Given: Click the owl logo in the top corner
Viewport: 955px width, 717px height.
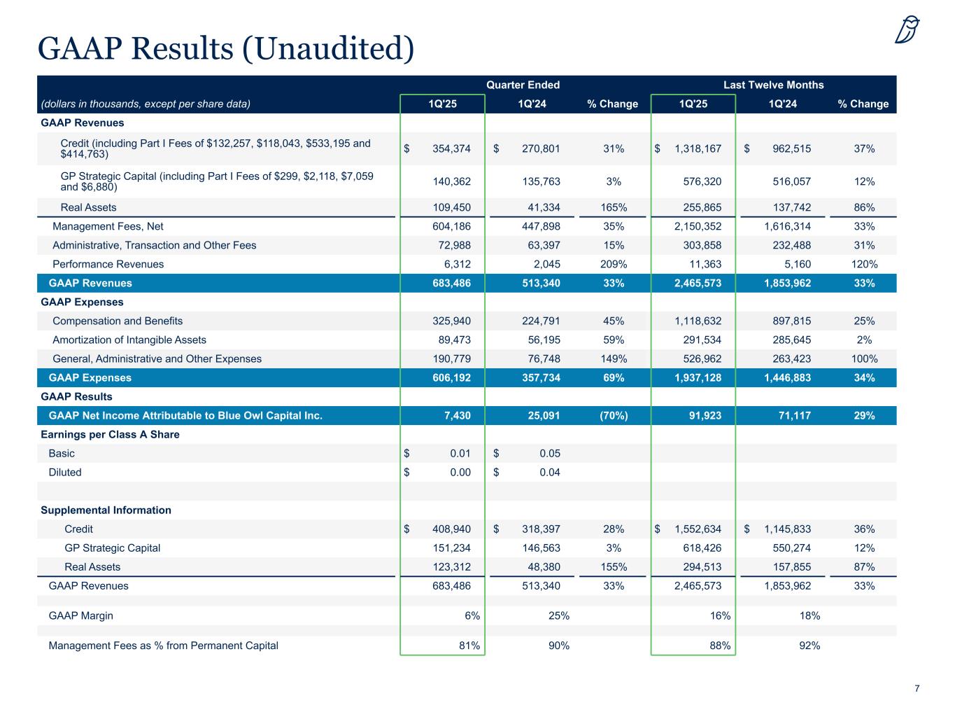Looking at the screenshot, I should pos(907,29).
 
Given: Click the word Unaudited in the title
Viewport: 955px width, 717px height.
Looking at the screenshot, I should pos(327,48).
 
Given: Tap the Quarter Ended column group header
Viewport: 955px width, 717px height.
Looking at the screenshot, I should pos(523,85).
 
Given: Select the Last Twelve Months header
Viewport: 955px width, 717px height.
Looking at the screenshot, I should pos(773,85).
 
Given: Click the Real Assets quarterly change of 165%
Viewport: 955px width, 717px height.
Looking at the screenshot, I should pos(613,207).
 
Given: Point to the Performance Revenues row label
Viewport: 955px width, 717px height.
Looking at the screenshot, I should pos(108,264).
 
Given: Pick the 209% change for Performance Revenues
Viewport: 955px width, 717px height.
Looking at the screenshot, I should pos(613,264).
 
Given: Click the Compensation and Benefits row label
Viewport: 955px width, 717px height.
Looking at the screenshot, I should pos(118,321).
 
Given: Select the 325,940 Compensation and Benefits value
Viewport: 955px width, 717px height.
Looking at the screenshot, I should pos(452,321).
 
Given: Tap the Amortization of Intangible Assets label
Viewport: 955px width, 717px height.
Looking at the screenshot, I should pos(129,340).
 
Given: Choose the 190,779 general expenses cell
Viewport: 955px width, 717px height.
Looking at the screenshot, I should pos(452,358).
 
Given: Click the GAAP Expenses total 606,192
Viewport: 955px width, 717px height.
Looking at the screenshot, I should pos(452,377).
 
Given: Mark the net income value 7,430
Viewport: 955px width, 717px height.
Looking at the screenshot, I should pos(458,415).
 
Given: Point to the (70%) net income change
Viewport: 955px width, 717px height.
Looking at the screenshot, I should pos(613,415).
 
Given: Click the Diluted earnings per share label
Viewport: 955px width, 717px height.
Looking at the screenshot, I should pos(65,472).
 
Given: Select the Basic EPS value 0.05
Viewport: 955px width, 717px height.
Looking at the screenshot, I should pos(550,453).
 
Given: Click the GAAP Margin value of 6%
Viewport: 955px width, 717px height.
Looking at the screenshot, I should pos(472,615).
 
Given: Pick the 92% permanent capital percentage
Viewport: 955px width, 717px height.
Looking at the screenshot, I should pos(809,645).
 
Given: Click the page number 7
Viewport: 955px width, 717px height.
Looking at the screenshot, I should pos(917,688).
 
